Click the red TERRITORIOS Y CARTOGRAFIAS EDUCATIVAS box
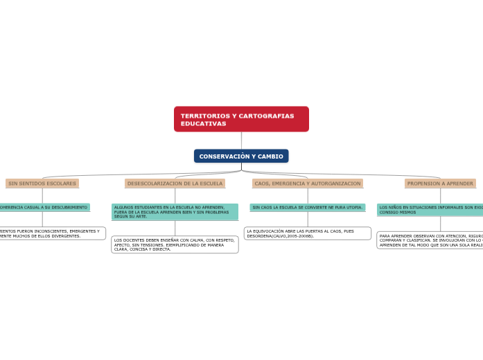coord(241,119)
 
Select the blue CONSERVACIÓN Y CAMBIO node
coord(241,156)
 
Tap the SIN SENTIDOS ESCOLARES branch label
coord(42,183)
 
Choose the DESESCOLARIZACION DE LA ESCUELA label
coord(175,183)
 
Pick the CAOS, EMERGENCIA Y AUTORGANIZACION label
coord(308,183)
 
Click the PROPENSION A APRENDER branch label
coord(440,183)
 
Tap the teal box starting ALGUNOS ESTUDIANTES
coord(175,212)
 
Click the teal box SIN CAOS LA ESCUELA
coord(307,207)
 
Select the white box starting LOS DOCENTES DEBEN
coord(175,244)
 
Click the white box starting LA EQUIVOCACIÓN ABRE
coord(307,233)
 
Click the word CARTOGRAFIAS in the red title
coord(262,116)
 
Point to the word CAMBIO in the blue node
coord(269,156)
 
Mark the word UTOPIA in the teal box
coord(353,207)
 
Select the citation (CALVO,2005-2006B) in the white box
coord(291,236)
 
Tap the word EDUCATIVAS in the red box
coord(204,123)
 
